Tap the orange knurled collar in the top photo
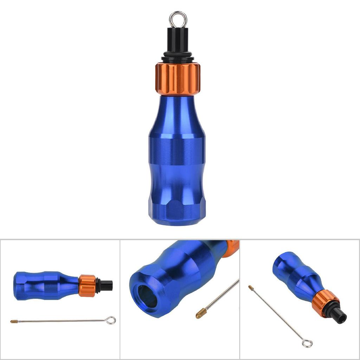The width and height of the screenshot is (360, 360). [x=178, y=79]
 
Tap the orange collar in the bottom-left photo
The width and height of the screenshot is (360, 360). [x=87, y=286]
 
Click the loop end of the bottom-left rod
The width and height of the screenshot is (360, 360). [x=111, y=320]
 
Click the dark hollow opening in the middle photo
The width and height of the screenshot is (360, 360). [x=147, y=296]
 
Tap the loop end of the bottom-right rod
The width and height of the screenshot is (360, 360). [x=307, y=343]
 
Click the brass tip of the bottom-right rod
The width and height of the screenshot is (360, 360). [x=251, y=288]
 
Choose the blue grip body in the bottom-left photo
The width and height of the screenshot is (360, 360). [x=46, y=285]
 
